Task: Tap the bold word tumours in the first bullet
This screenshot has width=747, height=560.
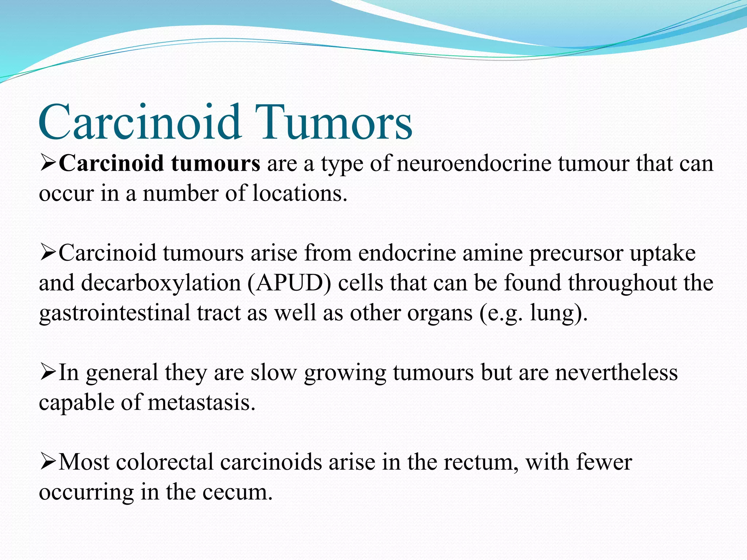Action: tap(216, 164)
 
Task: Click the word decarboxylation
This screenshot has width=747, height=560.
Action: tap(161, 283)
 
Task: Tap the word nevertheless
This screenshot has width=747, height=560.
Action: tap(616, 373)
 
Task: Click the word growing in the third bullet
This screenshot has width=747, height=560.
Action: tap(345, 373)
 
